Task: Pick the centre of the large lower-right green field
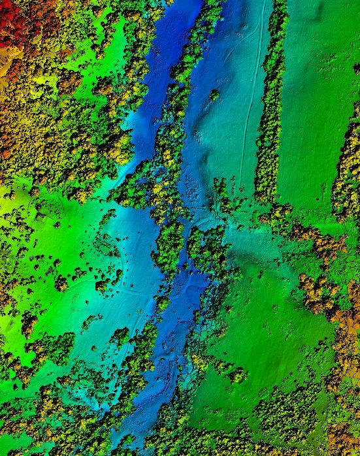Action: click(x=274, y=340)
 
